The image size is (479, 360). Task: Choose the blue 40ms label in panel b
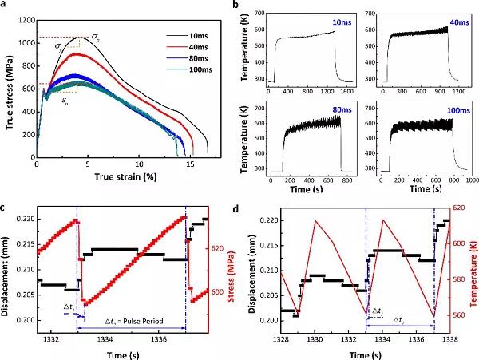click(x=449, y=18)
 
